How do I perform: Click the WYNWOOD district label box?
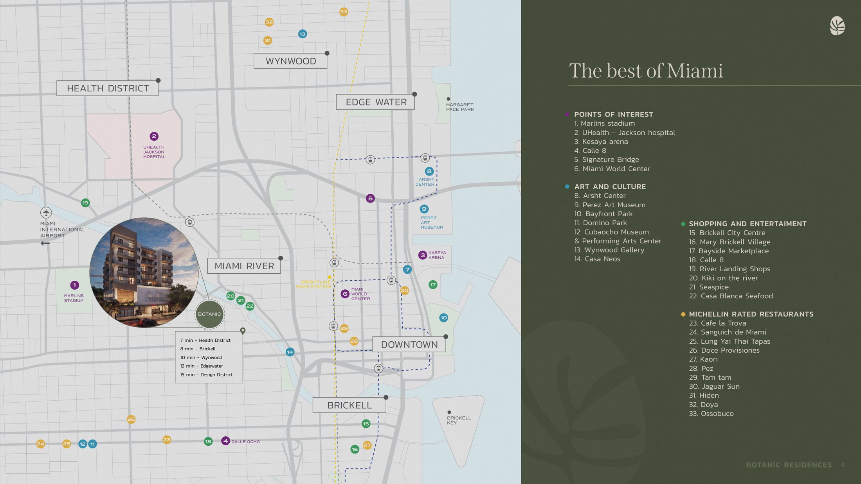coord(290,61)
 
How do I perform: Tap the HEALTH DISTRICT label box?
coord(108,88)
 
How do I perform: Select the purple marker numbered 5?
coord(370,198)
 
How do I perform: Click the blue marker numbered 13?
coord(302,34)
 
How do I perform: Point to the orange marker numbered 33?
coord(344,12)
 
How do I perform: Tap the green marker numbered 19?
coord(85,203)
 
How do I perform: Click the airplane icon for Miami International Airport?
coord(46,213)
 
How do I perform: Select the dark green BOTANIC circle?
coord(209,314)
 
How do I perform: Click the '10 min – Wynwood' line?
coord(201,357)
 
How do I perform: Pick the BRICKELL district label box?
coord(349,405)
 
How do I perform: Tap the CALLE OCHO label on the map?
coord(245,442)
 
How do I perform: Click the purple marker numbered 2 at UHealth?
coord(154,136)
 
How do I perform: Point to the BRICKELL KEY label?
coord(459,420)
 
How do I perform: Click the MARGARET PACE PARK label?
coord(460,107)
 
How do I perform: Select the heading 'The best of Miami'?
coord(646,71)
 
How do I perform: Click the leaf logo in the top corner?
coord(837,26)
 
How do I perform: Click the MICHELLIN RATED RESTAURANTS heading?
coord(751,314)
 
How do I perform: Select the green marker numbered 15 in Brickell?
coord(366,424)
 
